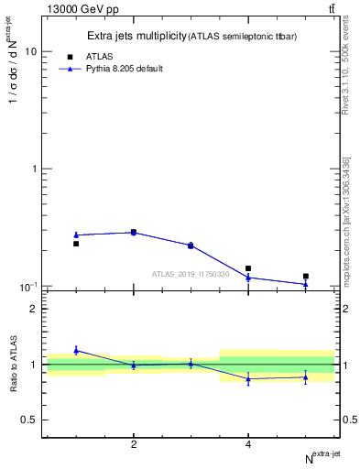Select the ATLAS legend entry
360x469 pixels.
[x=98, y=56]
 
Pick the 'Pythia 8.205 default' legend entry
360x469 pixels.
[x=124, y=69]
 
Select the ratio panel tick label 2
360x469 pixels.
[x=33, y=309]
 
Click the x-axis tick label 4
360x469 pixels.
[x=248, y=444]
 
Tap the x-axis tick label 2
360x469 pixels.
[x=134, y=444]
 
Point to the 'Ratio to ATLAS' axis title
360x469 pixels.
[x=14, y=364]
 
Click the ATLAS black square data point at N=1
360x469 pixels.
[x=76, y=244]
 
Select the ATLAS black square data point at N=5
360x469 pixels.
[x=306, y=276]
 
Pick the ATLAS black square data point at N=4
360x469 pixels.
[x=248, y=268]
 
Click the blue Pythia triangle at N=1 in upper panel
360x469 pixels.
[x=76, y=234]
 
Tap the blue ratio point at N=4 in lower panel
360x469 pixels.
[x=248, y=379]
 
